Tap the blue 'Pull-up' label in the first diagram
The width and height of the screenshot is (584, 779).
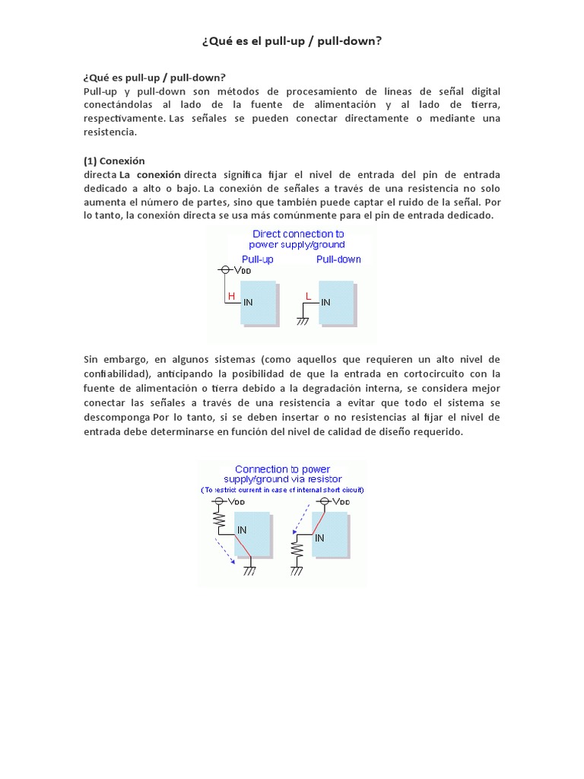point(257,259)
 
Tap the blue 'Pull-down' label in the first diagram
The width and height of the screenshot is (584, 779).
point(338,259)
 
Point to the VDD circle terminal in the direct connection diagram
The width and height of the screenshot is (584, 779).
point(224,270)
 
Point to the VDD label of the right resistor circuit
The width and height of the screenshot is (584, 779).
point(342,502)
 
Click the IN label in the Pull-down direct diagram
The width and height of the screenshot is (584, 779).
point(325,302)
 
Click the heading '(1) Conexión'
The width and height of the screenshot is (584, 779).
point(113,161)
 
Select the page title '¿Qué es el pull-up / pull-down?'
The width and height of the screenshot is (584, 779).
point(291,40)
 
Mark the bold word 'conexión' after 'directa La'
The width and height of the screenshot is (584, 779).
point(158,174)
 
